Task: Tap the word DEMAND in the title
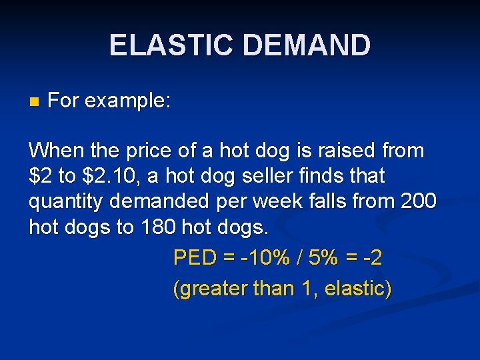click(x=307, y=46)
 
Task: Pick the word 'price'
click(x=138, y=151)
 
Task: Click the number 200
click(x=417, y=202)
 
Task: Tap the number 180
click(x=159, y=227)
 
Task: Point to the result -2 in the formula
click(x=373, y=257)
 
